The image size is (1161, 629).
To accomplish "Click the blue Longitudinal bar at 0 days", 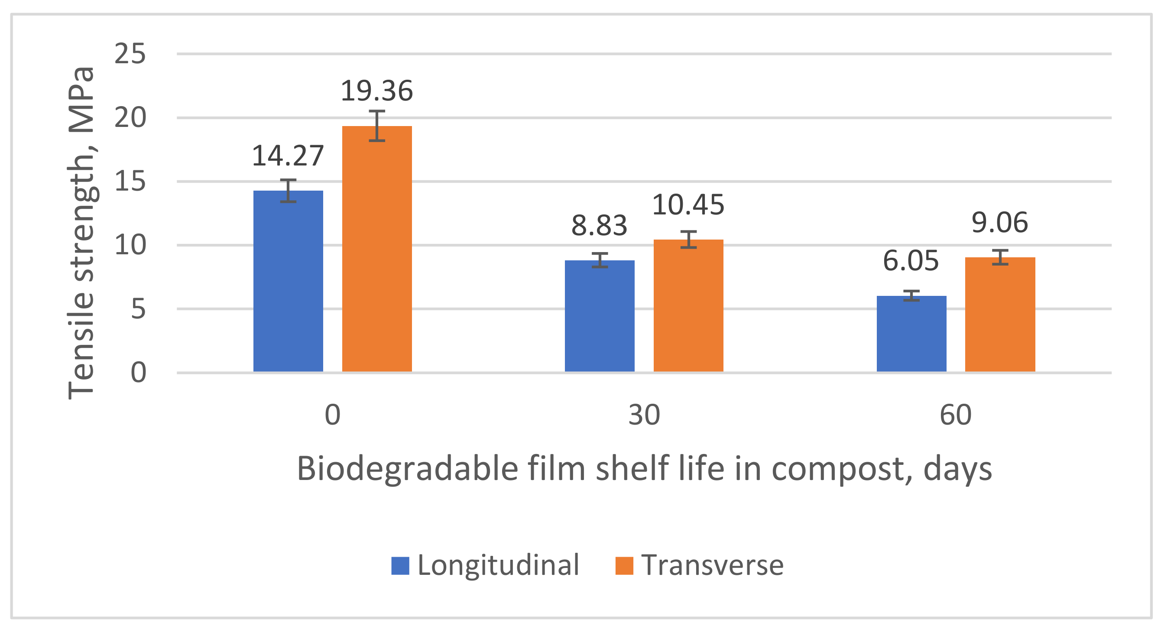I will click(x=288, y=282).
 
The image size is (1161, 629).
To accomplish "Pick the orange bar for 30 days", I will click(x=688, y=306).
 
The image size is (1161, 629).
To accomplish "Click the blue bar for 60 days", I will click(x=911, y=334).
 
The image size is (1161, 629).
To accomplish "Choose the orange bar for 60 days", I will click(x=1000, y=315).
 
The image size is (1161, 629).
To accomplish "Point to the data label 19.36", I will click(x=377, y=91).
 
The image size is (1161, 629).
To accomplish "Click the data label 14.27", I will click(x=288, y=156).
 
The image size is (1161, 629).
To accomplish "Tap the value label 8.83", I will click(x=599, y=226).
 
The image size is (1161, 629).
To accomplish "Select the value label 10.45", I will click(x=688, y=205).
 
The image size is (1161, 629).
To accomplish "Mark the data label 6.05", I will click(x=911, y=261).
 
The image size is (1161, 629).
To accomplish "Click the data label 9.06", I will click(x=999, y=223).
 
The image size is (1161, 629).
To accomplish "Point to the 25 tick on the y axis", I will click(x=130, y=54).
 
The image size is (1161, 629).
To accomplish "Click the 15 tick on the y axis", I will click(x=130, y=182).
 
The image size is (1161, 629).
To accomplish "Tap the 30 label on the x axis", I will click(x=644, y=415).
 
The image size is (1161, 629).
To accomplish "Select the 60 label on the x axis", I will click(x=956, y=415).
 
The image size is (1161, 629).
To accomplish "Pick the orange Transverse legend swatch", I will click(x=624, y=566).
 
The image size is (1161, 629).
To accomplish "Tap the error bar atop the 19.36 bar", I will click(x=377, y=126).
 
